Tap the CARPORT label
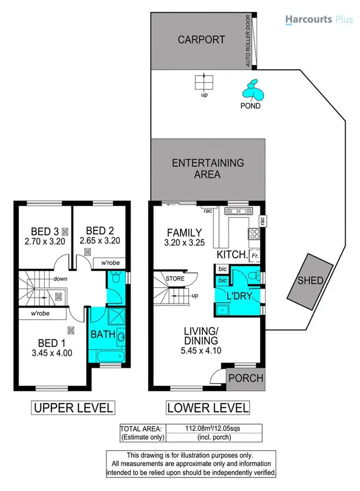pyautogui.click(x=201, y=39)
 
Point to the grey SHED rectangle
pyautogui.click(x=310, y=280)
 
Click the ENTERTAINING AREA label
pyautogui.click(x=208, y=168)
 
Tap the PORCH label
pyautogui.click(x=246, y=378)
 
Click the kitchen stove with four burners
pyautogui.click(x=254, y=235)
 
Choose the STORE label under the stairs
pyautogui.click(x=175, y=278)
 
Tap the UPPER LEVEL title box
pyautogui.click(x=73, y=408)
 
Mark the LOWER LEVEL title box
pyautogui.click(x=208, y=408)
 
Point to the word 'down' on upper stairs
pyautogui.click(x=60, y=278)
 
